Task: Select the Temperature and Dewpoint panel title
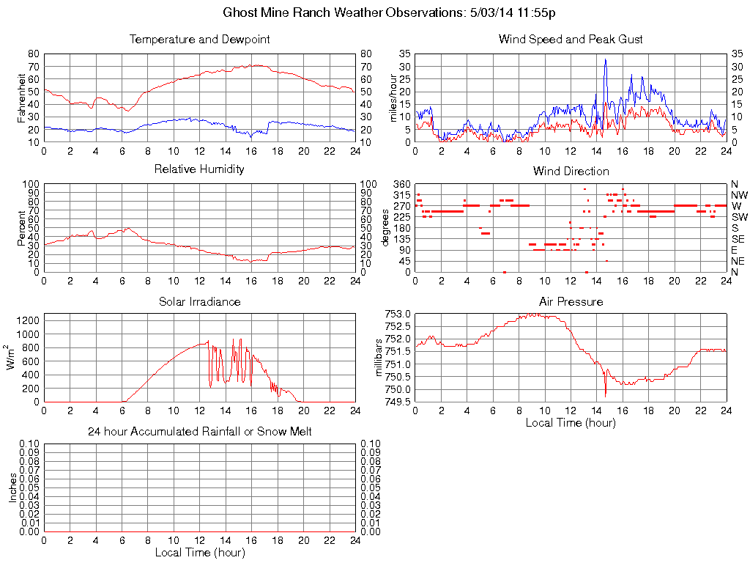click(199, 40)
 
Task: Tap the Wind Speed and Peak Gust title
click(571, 40)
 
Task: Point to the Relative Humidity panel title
click(199, 169)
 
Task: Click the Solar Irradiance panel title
click(199, 301)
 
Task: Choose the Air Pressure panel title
click(571, 301)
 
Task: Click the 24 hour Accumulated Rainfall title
click(199, 432)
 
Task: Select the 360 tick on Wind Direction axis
click(401, 184)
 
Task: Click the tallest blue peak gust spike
click(605, 60)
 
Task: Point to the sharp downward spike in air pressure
click(606, 394)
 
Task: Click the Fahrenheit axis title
click(22, 98)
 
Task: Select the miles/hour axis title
click(393, 98)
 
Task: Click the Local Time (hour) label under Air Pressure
click(571, 423)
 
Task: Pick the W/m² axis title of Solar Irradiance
click(12, 357)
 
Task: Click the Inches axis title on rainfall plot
click(12, 487)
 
